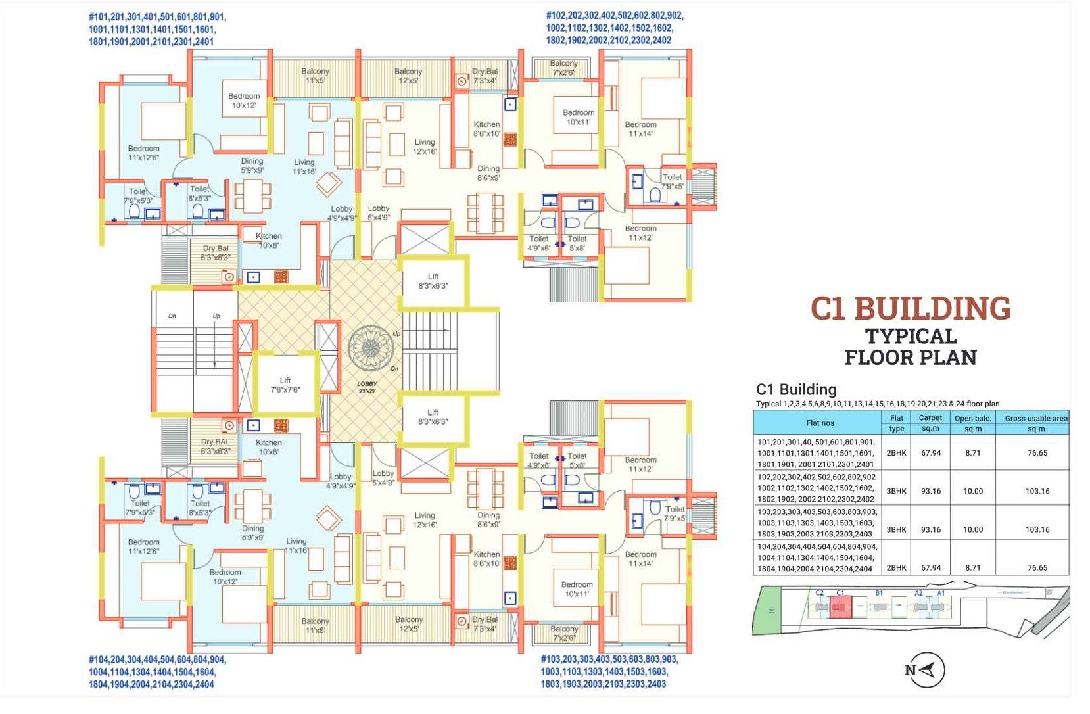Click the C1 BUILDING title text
point(910,309)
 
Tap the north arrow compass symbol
point(924,670)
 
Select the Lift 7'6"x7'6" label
point(285,385)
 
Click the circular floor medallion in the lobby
point(370,348)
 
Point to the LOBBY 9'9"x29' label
point(367,387)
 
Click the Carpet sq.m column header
point(930,423)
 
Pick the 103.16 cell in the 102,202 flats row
point(1037,491)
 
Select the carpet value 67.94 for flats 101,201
point(930,453)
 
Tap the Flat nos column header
point(820,423)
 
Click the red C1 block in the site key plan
point(840,607)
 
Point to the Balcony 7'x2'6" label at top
point(563,68)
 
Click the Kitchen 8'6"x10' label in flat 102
point(486,129)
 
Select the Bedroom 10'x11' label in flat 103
point(577,589)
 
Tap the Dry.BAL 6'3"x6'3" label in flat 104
point(216,446)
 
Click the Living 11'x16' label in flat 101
point(304,166)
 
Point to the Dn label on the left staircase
point(172,316)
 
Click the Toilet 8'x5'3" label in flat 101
point(200,193)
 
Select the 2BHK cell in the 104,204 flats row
point(896,567)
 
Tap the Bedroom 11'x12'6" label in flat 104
point(143,546)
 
